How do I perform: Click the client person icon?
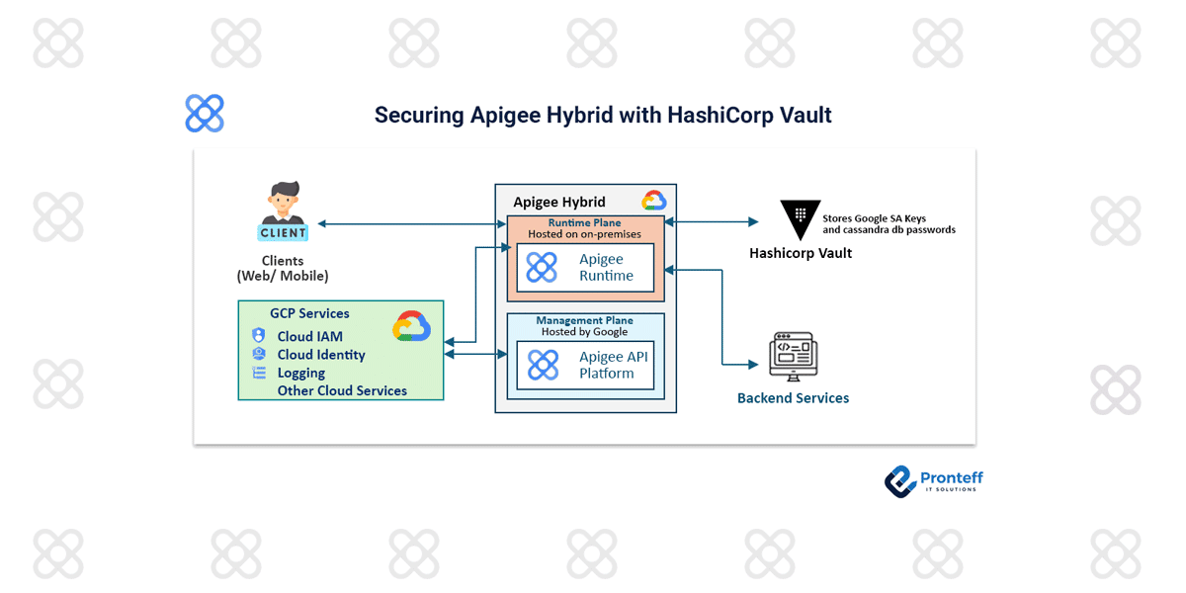pyautogui.click(x=284, y=211)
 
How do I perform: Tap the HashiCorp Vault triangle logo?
pyautogui.click(x=800, y=220)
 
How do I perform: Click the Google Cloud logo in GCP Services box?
pyautogui.click(x=411, y=326)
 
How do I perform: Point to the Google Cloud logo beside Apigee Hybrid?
pyautogui.click(x=653, y=201)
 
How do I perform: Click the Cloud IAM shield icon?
pyautogui.click(x=259, y=336)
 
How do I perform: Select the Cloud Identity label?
pyautogui.click(x=321, y=355)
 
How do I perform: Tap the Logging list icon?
pyautogui.click(x=259, y=373)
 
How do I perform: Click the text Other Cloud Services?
pyautogui.click(x=342, y=391)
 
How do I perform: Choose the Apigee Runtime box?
pyautogui.click(x=585, y=268)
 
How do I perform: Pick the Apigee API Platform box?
pyautogui.click(x=585, y=365)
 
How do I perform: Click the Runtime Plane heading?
pyautogui.click(x=585, y=223)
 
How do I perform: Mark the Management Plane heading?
pyautogui.click(x=585, y=320)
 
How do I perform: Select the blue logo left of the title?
pyautogui.click(x=205, y=114)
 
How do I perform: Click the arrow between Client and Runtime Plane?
pyautogui.click(x=411, y=224)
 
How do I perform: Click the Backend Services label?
pyautogui.click(x=793, y=398)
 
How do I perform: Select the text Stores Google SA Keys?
pyautogui.click(x=874, y=218)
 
